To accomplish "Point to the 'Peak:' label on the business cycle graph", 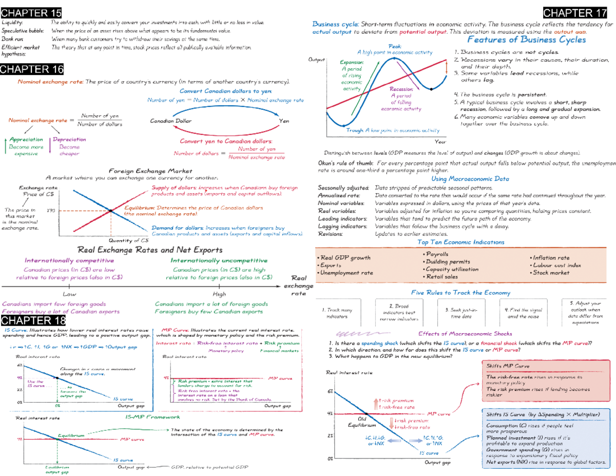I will pos(395,46).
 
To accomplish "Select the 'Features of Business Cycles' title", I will pos(527,40).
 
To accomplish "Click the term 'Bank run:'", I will pos(11,39).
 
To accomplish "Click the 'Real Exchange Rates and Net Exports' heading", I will pos(149,250).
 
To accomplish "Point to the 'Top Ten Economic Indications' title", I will pos(460,242).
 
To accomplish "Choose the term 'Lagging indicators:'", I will pos(342,225).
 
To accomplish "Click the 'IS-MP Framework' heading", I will pos(149,417).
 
